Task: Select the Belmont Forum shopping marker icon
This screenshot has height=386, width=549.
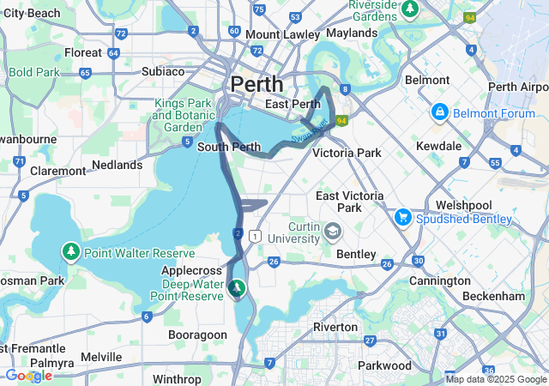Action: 439,112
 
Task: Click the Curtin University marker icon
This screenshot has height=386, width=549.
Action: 333,231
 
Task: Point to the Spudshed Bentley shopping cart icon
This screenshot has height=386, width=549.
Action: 402,219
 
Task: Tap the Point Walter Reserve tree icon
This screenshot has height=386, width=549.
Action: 71,251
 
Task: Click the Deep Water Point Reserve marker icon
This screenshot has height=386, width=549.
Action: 237,288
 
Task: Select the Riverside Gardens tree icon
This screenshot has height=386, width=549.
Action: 411,9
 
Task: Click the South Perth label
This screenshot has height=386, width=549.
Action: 229,147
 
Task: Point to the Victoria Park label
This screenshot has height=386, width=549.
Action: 347,153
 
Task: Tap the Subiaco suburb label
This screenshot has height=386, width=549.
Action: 163,70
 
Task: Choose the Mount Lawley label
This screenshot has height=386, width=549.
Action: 282,34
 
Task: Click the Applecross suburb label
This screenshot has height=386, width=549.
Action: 185,270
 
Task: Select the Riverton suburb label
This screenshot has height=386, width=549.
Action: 335,327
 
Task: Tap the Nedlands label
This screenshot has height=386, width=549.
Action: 118,164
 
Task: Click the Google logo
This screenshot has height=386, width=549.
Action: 27,376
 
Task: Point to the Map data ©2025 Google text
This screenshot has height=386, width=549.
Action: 496,379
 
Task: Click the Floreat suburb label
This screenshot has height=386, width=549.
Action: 83,52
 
